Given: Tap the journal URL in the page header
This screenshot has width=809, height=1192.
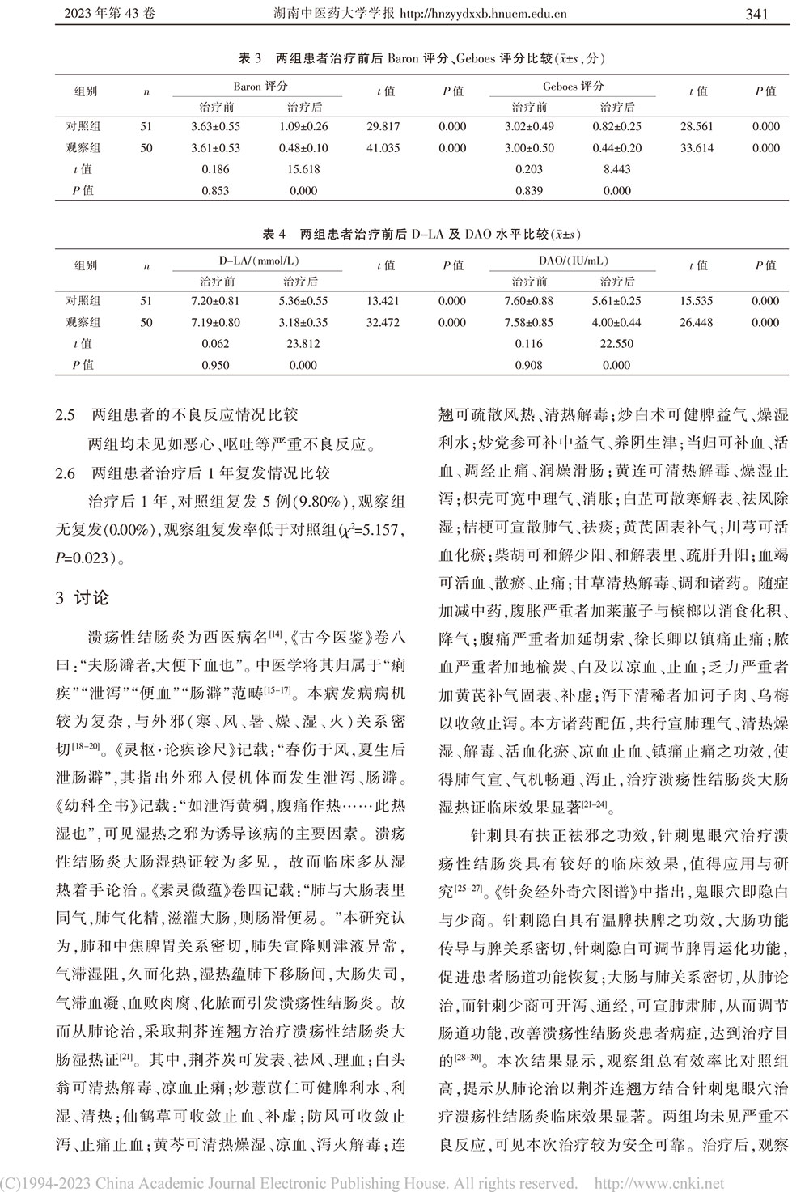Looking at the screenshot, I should pyautogui.click(x=477, y=14).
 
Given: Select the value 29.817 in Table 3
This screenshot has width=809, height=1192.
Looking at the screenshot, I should pyautogui.click(x=383, y=127).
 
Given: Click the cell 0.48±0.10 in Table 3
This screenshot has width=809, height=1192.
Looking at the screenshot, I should pyautogui.click(x=305, y=148).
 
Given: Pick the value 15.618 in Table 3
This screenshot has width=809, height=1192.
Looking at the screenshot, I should pyautogui.click(x=305, y=169).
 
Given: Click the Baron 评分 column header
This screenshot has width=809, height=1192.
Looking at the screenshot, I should pyautogui.click(x=260, y=87).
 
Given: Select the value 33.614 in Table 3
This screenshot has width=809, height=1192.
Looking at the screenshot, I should pyautogui.click(x=697, y=148).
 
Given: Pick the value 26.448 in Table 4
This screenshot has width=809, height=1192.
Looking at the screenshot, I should pyautogui.click(x=697, y=322).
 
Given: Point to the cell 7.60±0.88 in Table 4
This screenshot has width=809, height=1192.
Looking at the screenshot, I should pyautogui.click(x=529, y=301).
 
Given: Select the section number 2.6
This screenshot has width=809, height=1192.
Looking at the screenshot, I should pyautogui.click(x=65, y=473).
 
